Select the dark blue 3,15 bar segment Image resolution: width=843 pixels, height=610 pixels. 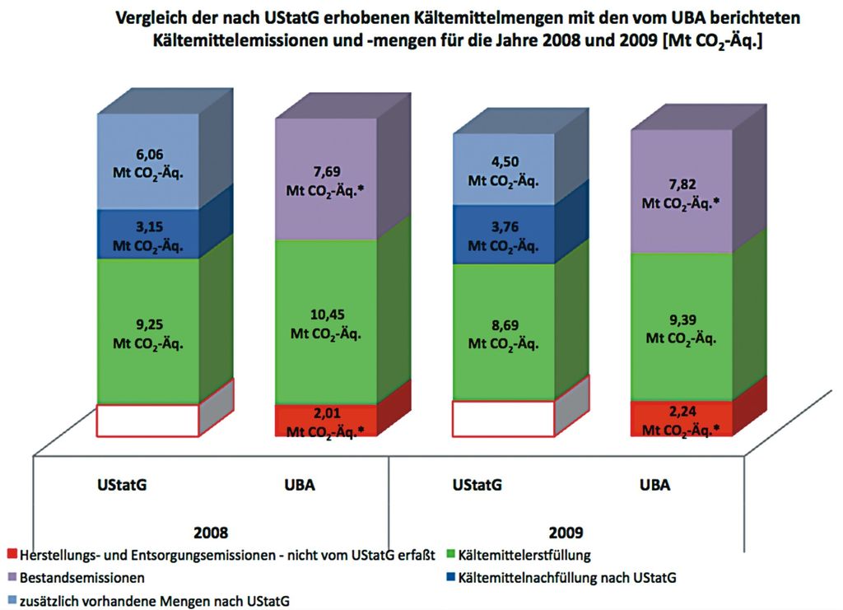point(148,234)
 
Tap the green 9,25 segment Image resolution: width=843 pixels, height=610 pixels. point(148,329)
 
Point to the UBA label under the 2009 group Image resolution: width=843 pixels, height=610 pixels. point(654,484)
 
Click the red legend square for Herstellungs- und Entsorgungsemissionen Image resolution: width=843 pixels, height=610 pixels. point(12,554)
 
